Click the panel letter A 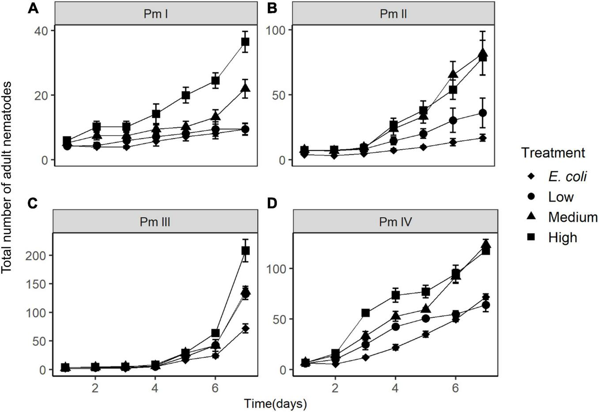point(32,8)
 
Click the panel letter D point(273,204)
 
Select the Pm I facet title point(155,14)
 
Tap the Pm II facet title point(393,14)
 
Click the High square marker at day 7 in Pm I point(245,42)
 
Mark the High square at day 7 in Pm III point(245,250)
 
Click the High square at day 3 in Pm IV point(365,313)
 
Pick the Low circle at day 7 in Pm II point(483,113)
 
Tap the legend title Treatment point(553,153)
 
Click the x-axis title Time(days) point(276,403)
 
